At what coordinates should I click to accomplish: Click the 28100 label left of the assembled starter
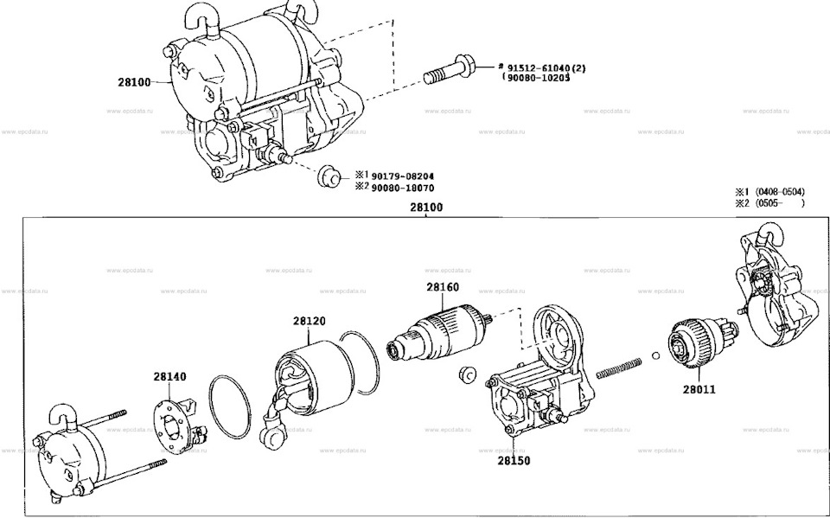(135, 82)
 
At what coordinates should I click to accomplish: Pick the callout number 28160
(442, 287)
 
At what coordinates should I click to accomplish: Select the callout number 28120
(309, 321)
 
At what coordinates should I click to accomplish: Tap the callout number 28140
(170, 377)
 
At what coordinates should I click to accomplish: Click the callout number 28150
(513, 460)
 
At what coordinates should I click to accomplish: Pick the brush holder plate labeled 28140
(174, 425)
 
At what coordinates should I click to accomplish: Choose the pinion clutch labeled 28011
(698, 344)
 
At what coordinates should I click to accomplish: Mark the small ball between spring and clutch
(656, 355)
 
